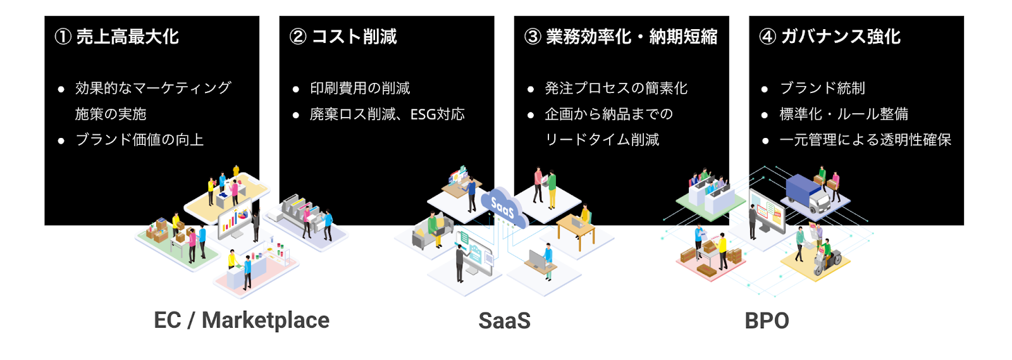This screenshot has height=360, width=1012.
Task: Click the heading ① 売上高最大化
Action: pyautogui.click(x=116, y=37)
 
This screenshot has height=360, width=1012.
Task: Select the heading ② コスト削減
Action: pyautogui.click(x=343, y=37)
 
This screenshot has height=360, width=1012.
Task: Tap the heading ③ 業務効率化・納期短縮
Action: pyautogui.click(x=620, y=37)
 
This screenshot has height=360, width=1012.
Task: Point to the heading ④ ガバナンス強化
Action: pyautogui.click(x=830, y=37)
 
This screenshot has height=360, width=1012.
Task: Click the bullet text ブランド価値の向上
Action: pyautogui.click(x=140, y=140)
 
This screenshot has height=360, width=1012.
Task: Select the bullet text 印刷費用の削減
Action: pyautogui.click(x=360, y=88)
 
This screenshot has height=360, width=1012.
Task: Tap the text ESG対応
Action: pyautogui.click(x=437, y=115)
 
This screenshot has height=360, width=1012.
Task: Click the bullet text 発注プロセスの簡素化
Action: pyautogui.click(x=616, y=88)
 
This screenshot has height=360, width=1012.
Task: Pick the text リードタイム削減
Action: pyautogui.click(x=602, y=140)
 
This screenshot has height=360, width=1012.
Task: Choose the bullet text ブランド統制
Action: pyautogui.click(x=823, y=88)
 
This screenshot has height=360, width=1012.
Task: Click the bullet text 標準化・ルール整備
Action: pyautogui.click(x=844, y=114)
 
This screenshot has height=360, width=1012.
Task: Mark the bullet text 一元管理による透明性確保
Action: pyautogui.click(x=866, y=140)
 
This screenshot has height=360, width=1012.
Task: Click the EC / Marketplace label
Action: pyautogui.click(x=242, y=321)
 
